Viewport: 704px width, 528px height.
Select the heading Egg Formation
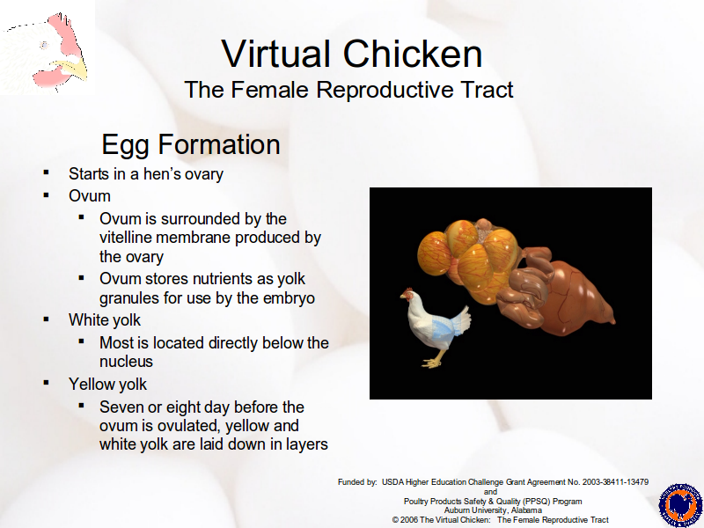[x=191, y=145]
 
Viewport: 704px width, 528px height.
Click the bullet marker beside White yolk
[x=47, y=319]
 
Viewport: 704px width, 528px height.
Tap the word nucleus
[x=126, y=362]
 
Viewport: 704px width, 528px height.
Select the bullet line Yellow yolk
[x=107, y=385]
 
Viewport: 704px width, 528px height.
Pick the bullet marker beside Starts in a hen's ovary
[x=47, y=172]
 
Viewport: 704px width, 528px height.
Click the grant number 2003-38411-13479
[x=615, y=482]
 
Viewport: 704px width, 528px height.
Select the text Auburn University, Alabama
[x=493, y=510]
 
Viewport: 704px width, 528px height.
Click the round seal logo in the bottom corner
[x=680, y=505]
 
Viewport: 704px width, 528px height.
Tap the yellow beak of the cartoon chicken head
[x=73, y=70]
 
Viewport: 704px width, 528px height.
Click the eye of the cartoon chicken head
[x=44, y=45]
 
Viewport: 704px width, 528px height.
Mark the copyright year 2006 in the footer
[x=409, y=520]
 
